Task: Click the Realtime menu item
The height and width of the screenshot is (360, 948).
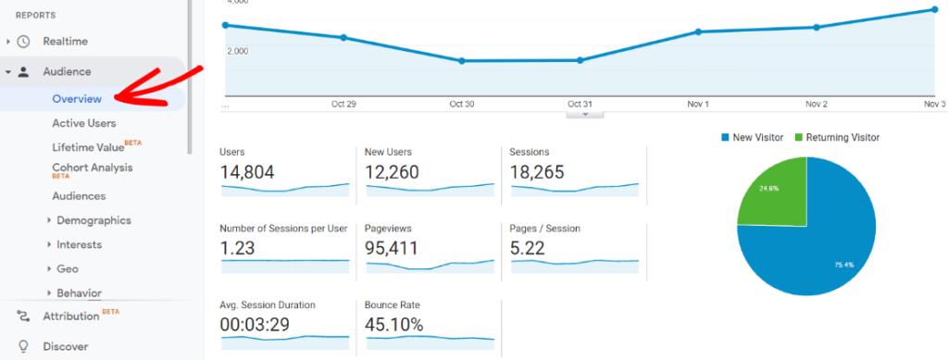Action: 65,41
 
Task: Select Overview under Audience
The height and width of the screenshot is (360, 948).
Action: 77,98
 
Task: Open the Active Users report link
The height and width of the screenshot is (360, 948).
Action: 83,122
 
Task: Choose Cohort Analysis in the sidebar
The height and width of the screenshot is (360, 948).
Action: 92,168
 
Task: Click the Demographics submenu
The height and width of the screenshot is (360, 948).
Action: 94,220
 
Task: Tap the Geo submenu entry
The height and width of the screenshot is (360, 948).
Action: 68,268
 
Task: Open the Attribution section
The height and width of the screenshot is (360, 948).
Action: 70,316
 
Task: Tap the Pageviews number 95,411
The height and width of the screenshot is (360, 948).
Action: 393,248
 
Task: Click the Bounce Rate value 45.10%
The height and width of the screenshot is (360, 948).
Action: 395,324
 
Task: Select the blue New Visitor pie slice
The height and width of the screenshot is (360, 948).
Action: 824,250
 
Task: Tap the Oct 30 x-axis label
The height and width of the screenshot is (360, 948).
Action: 462,104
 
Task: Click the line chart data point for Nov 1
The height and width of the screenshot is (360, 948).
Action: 698,31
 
